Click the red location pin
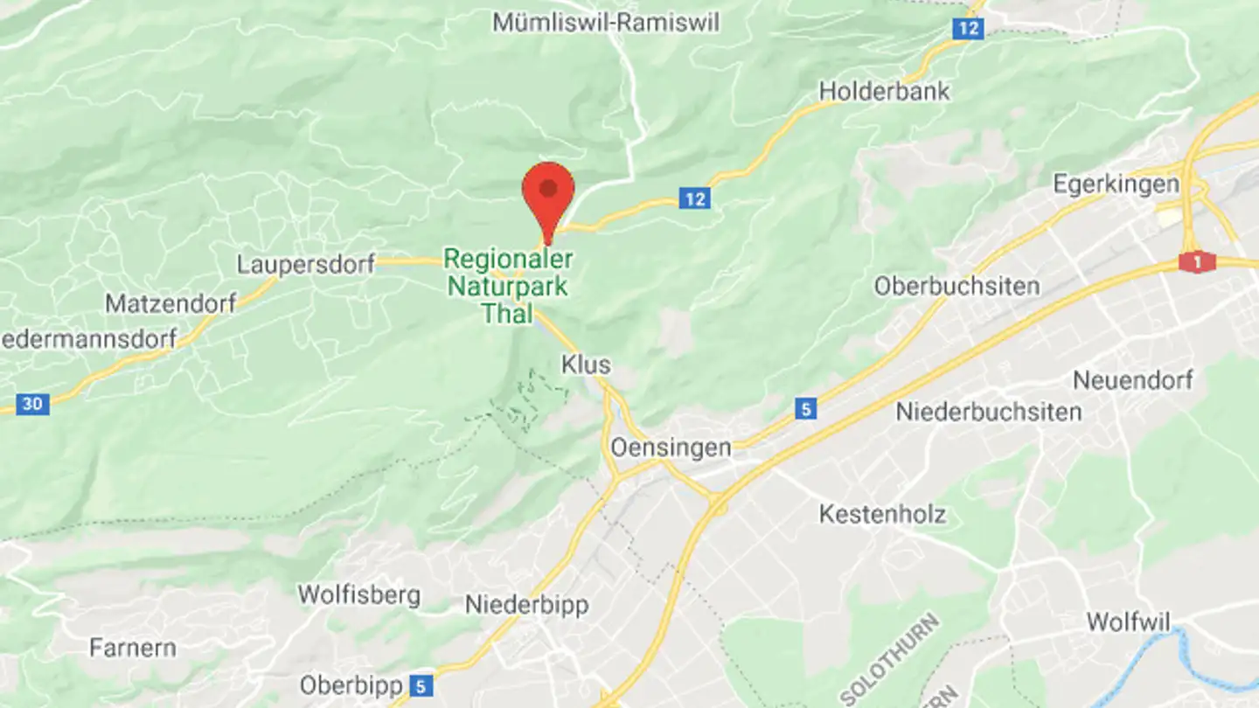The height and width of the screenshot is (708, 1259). point(548,191)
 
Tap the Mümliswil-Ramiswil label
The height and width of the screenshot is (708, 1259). point(606,22)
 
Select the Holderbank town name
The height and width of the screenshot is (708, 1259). point(884,91)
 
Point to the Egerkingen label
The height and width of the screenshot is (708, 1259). point(1116,184)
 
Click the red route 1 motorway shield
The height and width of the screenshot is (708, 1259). point(1197,261)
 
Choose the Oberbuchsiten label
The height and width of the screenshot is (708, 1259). point(956,286)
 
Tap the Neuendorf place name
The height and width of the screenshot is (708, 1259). point(1132,381)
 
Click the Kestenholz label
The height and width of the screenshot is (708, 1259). point(882,514)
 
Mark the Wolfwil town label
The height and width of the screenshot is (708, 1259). point(1128,621)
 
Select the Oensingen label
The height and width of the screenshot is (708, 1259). point(671,448)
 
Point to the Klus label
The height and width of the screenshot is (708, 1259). point(586,364)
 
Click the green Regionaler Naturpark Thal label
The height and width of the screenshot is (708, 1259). point(508,286)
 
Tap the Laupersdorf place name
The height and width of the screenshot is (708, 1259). point(305,264)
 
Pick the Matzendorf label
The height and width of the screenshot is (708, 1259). point(170,303)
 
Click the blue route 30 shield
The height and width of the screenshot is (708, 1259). point(32,404)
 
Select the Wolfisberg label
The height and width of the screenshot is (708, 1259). point(358,595)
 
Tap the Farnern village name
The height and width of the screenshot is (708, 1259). point(133,648)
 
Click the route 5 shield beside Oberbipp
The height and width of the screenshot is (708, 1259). point(421,685)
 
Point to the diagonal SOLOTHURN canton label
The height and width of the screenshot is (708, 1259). point(890,659)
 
